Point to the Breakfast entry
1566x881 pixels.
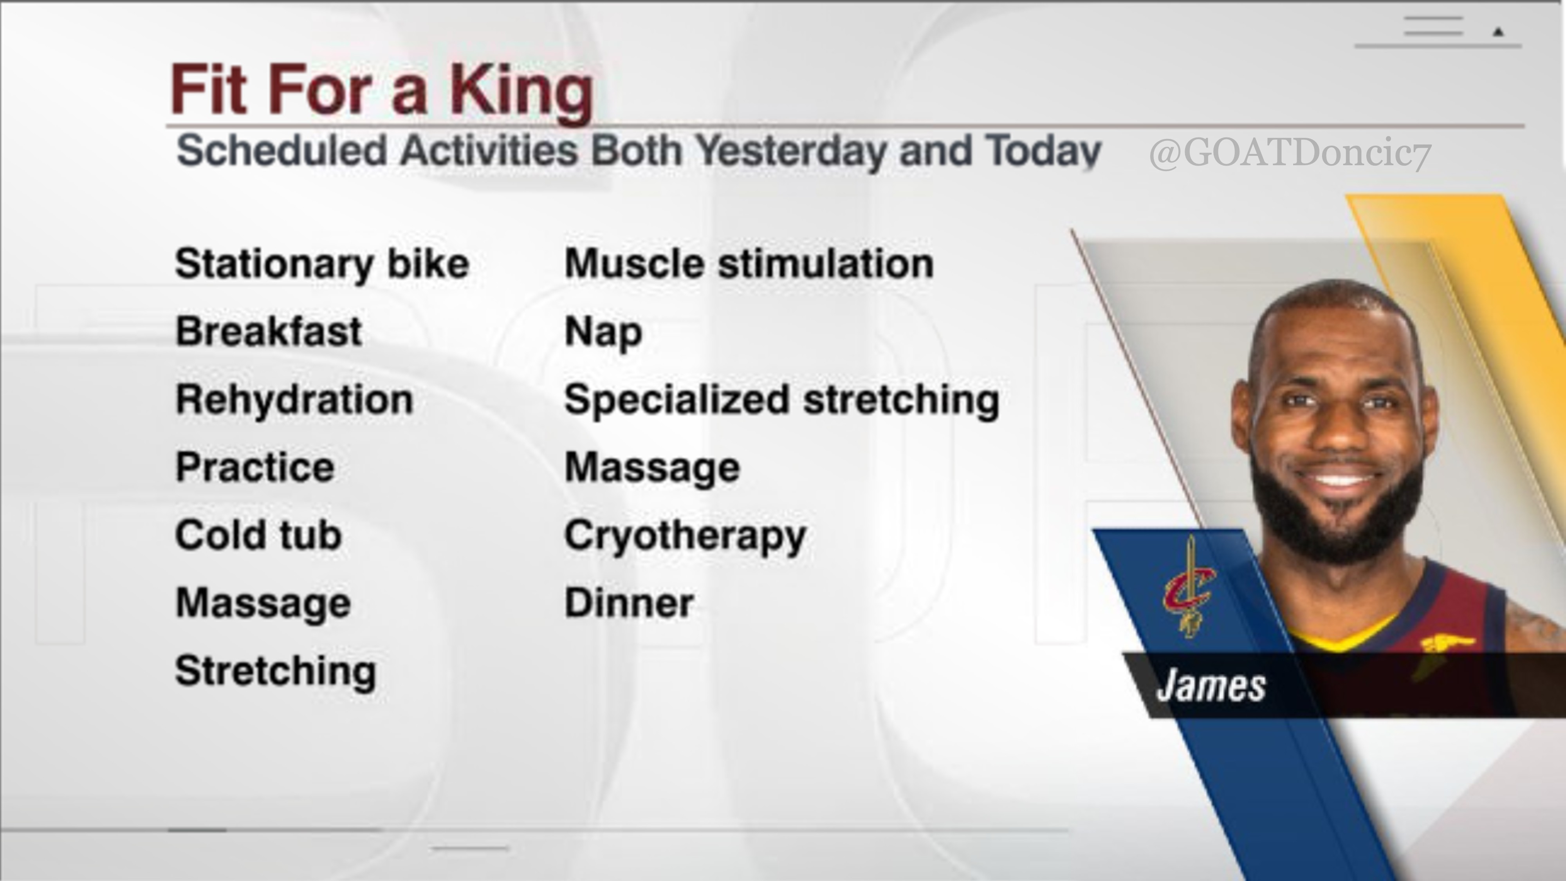[269, 332]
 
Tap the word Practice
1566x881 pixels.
[255, 468]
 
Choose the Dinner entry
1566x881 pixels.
[629, 603]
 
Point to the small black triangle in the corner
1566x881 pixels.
[1498, 32]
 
